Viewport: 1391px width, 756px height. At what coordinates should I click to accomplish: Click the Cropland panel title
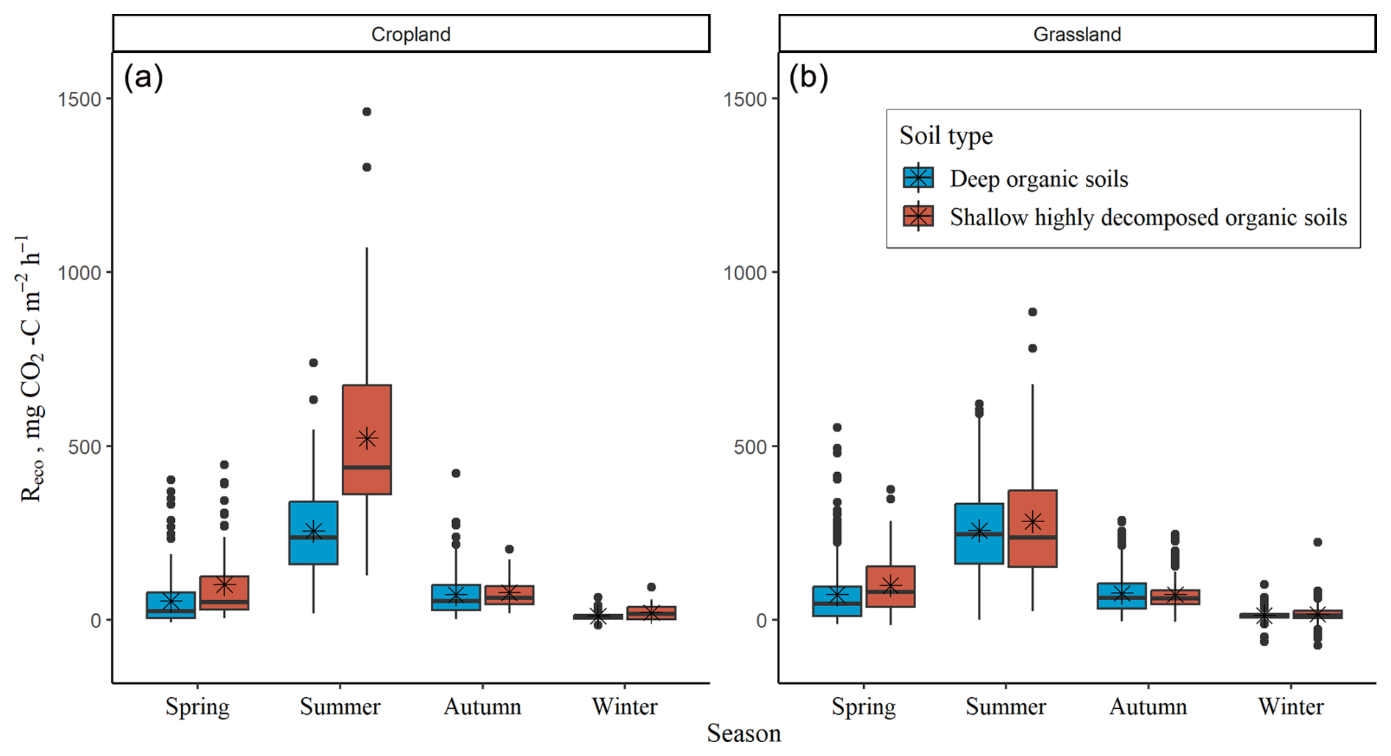(410, 35)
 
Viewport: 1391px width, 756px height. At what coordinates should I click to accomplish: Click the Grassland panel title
(1076, 35)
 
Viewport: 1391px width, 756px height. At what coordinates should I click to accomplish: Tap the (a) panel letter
(143, 76)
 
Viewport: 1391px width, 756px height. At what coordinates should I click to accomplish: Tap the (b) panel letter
(808, 76)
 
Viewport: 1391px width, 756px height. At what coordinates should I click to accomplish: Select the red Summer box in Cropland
(367, 412)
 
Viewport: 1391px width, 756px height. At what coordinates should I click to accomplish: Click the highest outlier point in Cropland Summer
(367, 112)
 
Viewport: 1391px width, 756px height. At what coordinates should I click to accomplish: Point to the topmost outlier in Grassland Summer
(1032, 312)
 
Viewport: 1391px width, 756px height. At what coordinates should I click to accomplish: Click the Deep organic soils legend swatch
(918, 178)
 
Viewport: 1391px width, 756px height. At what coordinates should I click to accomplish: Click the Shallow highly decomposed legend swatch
(918, 217)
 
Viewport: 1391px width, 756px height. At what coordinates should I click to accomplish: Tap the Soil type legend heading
(945, 136)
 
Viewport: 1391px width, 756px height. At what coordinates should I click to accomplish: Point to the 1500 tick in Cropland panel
(79, 99)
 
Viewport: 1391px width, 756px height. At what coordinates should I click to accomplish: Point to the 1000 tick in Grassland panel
(745, 272)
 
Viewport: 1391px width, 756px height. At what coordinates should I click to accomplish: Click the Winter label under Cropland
(624, 707)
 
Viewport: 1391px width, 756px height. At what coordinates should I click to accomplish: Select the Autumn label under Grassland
(1148, 707)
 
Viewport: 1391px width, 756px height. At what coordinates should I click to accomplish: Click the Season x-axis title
(743, 733)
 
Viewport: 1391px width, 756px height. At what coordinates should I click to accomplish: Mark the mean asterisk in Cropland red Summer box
(367, 438)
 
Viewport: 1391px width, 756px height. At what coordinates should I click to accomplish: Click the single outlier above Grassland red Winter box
(1317, 542)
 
